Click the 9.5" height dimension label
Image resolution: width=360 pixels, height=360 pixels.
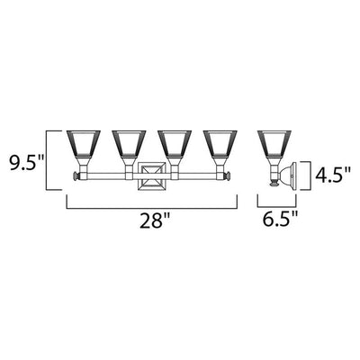27,163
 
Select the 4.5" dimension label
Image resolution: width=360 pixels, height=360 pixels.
332,175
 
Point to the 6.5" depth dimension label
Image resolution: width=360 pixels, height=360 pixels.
281,220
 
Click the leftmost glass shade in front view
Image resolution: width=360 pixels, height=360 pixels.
83,144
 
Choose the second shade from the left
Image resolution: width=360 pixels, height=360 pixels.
129,144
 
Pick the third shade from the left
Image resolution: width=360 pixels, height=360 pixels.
175,144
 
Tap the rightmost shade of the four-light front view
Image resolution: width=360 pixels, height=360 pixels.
220,144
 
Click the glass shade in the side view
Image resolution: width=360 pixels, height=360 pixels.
274,144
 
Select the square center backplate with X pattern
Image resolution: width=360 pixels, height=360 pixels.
152,176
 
